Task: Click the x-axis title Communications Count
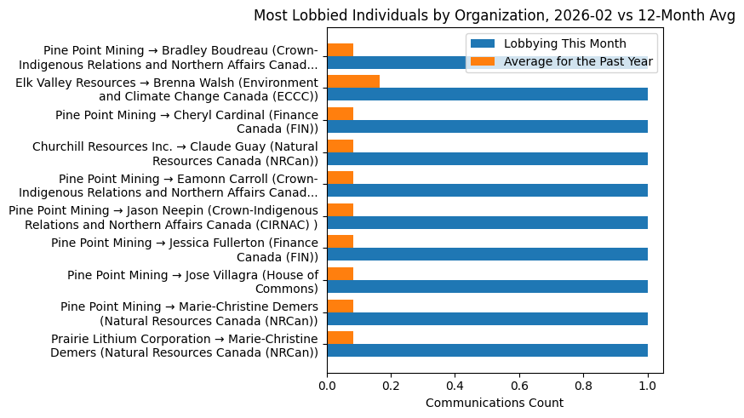[x=495, y=403]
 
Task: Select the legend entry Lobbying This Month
[x=564, y=44]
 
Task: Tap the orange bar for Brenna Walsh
[x=353, y=82]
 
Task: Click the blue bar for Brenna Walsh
[x=487, y=94]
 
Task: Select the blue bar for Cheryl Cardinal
[x=487, y=126]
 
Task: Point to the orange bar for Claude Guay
[x=341, y=146]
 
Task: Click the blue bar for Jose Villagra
[x=487, y=286]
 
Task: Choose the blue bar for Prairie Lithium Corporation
[x=487, y=350]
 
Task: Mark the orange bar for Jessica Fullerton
[x=341, y=242]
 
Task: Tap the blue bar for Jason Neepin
[x=487, y=222]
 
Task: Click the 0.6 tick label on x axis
[x=519, y=385]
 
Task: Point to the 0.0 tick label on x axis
[x=328, y=385]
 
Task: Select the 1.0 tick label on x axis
[x=648, y=385]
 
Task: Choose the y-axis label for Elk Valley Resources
[x=168, y=89]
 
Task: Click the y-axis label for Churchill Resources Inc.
[x=175, y=153]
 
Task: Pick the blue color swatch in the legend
[x=482, y=44]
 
